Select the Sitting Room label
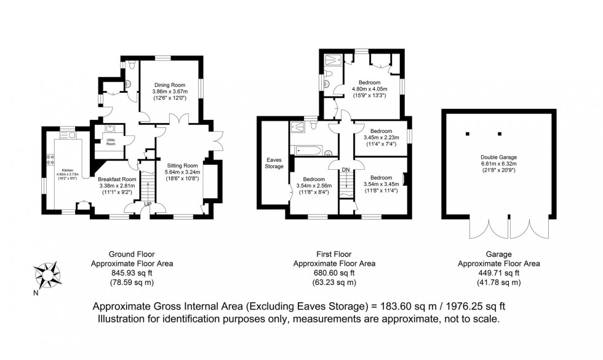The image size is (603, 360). [183, 165]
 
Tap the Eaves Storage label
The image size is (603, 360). [274, 162]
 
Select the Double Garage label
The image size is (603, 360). [499, 157]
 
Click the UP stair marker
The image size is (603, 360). [148, 204]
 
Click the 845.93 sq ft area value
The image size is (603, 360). [131, 273]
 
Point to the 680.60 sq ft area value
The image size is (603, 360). [333, 273]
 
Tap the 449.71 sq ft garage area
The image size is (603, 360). [499, 273]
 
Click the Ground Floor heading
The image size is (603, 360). [131, 254]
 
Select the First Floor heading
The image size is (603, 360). [333, 254]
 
